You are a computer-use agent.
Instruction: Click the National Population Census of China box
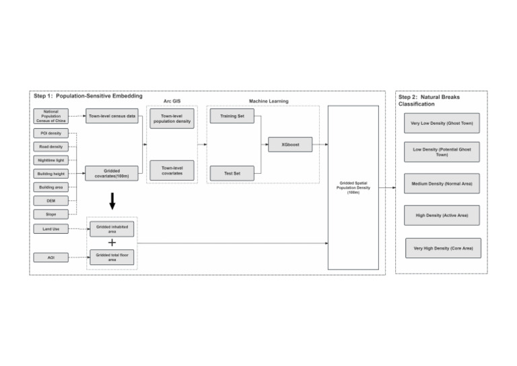[51, 116]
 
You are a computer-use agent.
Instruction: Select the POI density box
[51, 133]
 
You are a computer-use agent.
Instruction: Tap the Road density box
[51, 146]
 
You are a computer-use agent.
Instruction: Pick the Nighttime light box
[51, 160]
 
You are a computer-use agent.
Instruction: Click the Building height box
[51, 173]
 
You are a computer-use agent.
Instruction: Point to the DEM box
[51, 200]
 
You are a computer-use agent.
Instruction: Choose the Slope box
[51, 214]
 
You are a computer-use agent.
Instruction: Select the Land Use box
[51, 229]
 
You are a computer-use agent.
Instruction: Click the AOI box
[51, 257]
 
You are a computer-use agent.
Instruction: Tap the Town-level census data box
[112, 116]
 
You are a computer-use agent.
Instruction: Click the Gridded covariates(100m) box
[112, 173]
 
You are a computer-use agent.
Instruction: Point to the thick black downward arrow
[112, 201]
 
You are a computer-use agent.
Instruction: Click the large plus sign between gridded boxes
[112, 243]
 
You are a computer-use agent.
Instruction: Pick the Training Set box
[232, 117]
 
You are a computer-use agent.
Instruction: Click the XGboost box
[290, 144]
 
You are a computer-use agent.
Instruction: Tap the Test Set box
[232, 173]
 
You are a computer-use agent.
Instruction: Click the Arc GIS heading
[172, 101]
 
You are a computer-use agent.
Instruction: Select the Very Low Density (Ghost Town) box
[442, 123]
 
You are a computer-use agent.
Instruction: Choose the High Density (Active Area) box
[442, 215]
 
